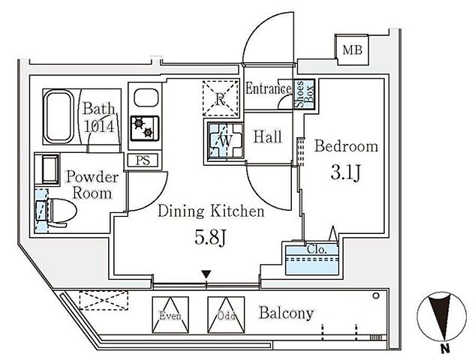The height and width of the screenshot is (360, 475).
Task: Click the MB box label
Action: point(351,51)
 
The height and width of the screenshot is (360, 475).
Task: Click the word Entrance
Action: point(268,89)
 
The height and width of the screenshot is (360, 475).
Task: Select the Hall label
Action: point(267,137)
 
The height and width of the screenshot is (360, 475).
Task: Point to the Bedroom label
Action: point(346,145)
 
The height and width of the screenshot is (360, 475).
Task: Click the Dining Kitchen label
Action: point(211,212)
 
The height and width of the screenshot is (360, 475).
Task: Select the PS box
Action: point(143,160)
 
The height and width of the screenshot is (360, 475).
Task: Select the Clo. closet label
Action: point(315,250)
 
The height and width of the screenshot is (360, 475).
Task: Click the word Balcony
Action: point(287,313)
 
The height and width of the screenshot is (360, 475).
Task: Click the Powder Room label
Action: point(92,184)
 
